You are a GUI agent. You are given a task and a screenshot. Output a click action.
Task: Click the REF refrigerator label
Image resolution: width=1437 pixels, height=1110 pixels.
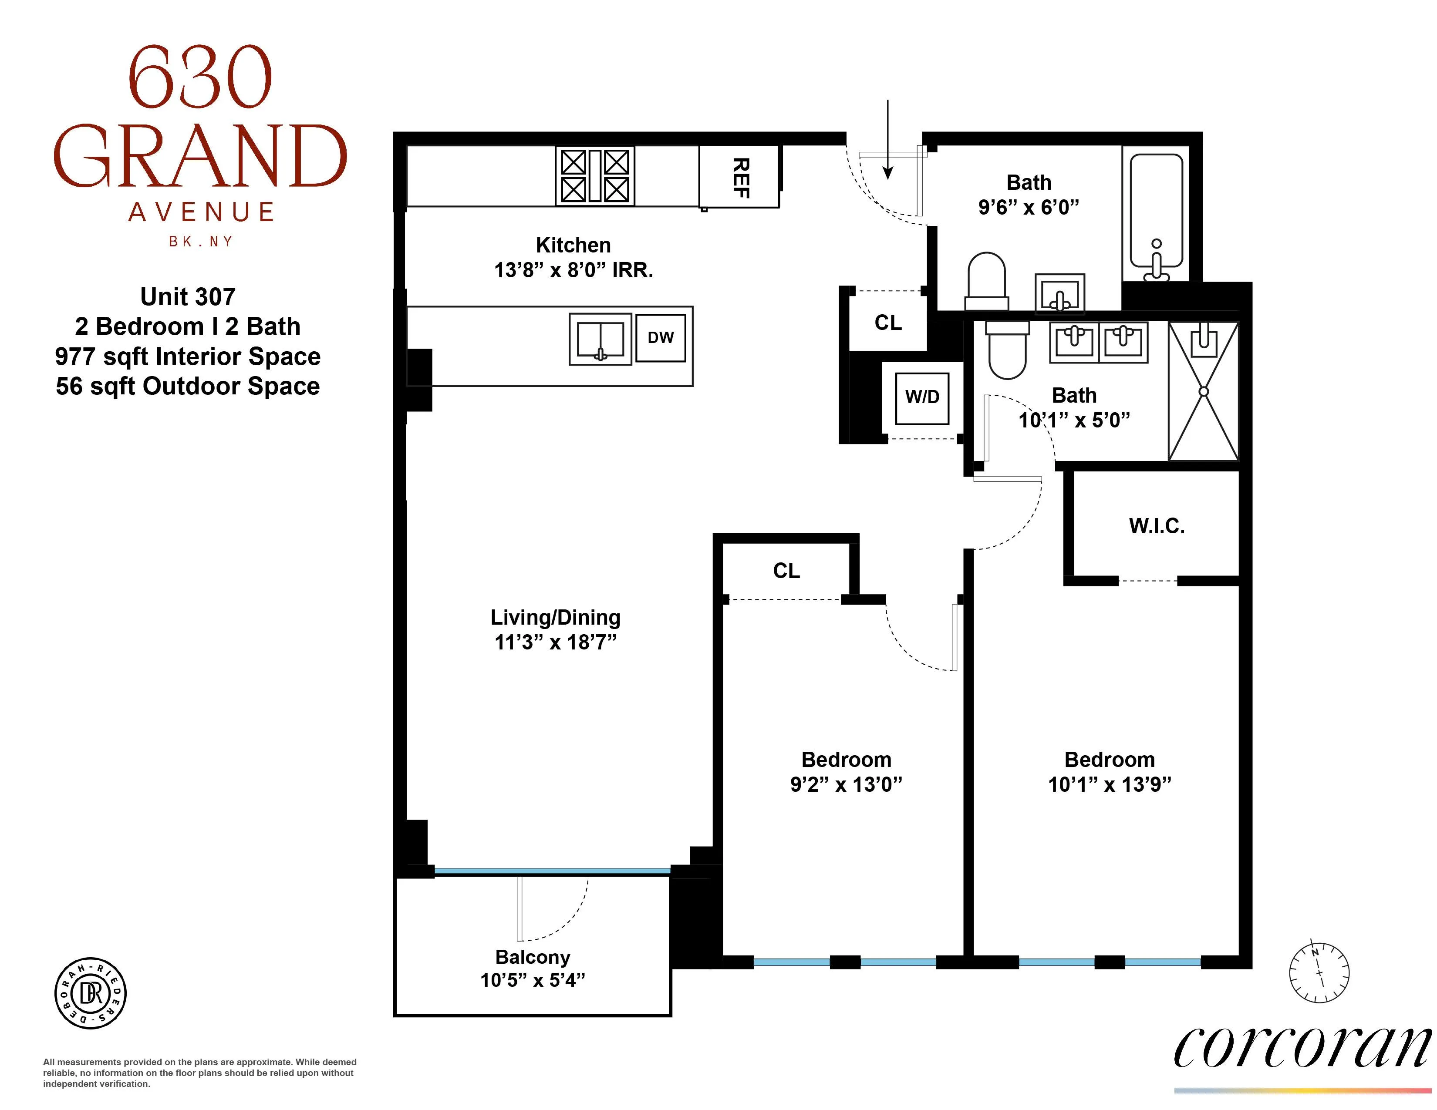pyautogui.click(x=741, y=178)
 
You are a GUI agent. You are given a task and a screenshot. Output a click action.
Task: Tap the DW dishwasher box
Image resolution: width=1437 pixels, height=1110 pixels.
pyautogui.click(x=661, y=338)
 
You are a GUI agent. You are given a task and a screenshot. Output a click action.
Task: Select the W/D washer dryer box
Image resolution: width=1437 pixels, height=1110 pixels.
pyautogui.click(x=922, y=397)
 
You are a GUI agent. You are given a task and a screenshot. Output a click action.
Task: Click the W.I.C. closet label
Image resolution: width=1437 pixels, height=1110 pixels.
pyautogui.click(x=1157, y=526)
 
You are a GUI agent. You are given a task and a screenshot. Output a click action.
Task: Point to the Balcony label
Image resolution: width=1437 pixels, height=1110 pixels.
pyautogui.click(x=532, y=957)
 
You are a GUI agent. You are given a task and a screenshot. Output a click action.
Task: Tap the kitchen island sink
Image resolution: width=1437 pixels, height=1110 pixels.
pyautogui.click(x=600, y=340)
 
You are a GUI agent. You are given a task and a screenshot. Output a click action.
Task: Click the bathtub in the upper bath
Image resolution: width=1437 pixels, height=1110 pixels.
pyautogui.click(x=1157, y=217)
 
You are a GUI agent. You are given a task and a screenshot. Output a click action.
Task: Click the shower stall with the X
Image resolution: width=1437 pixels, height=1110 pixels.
pyautogui.click(x=1204, y=391)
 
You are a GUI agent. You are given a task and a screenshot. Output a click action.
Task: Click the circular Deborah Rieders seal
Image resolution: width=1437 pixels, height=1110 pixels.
pyautogui.click(x=90, y=993)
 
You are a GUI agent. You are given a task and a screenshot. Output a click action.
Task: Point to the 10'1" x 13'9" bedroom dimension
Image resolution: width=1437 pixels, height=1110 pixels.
pyautogui.click(x=1110, y=784)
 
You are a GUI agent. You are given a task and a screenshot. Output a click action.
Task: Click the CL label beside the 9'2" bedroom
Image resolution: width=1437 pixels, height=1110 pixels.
pyautogui.click(x=786, y=571)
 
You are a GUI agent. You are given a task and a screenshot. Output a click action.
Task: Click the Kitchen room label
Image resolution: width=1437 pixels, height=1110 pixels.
pyautogui.click(x=573, y=245)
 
